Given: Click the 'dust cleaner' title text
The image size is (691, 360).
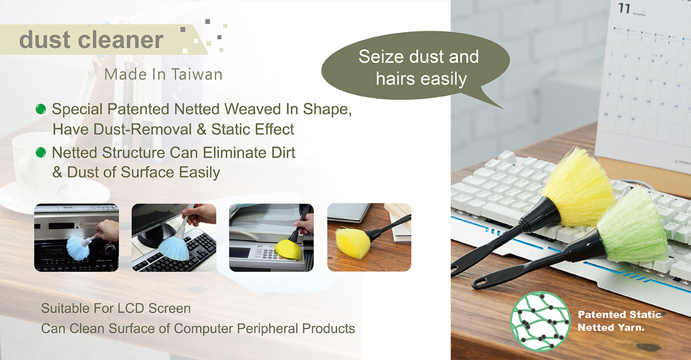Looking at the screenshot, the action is pyautogui.click(x=91, y=40).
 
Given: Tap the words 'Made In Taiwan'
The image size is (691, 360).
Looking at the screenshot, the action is pyautogui.click(x=163, y=75).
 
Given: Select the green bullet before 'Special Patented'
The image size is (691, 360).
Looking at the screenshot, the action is pyautogui.click(x=40, y=109).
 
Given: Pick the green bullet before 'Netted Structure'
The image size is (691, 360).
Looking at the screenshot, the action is pyautogui.click(x=40, y=153).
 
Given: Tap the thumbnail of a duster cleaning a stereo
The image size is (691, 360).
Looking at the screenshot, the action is pyautogui.click(x=76, y=237).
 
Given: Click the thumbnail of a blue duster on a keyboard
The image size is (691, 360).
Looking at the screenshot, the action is pyautogui.click(x=174, y=237).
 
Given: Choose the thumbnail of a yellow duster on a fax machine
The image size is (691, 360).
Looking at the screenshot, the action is pyautogui.click(x=272, y=237).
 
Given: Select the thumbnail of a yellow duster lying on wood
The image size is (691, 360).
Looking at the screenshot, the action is pyautogui.click(x=369, y=237).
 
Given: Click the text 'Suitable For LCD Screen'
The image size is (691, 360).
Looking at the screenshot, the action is pyautogui.click(x=116, y=308).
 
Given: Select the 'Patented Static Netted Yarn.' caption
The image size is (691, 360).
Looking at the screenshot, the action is pyautogui.click(x=619, y=321).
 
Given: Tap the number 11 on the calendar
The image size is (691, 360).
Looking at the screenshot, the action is pyautogui.click(x=624, y=8).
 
